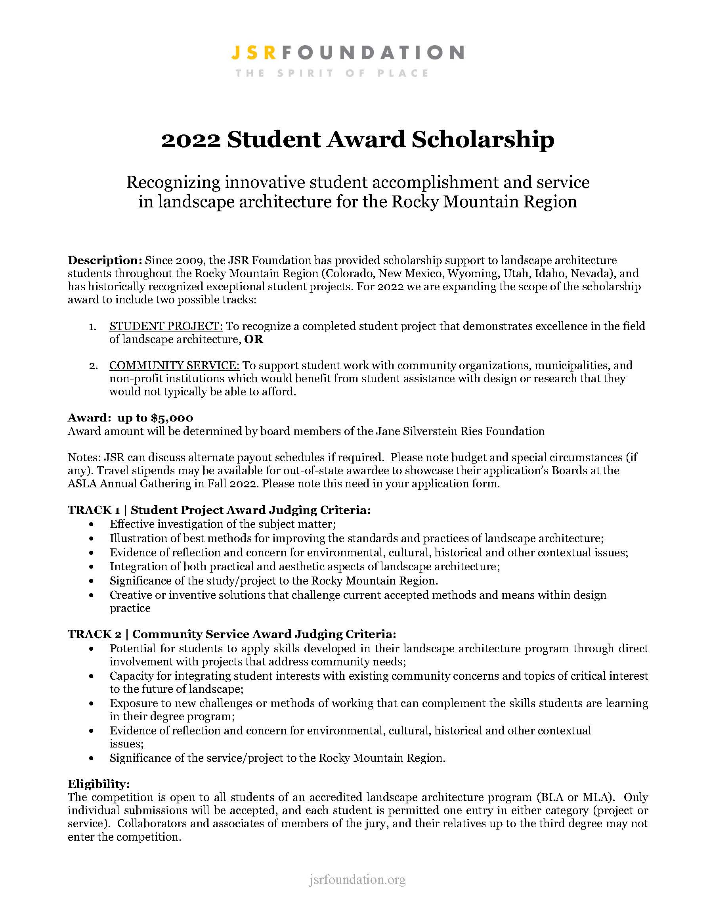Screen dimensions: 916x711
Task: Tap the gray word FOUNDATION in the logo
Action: [x=373, y=53]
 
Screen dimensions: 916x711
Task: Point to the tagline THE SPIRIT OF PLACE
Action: [x=332, y=73]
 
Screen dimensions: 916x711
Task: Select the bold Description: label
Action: [x=105, y=260]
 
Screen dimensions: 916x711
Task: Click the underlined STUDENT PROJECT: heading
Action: [x=166, y=326]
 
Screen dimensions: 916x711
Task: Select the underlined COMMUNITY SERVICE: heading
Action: [x=174, y=365]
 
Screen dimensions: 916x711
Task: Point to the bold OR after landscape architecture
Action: [x=254, y=339]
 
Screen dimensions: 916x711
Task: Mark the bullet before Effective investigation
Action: [x=92, y=524]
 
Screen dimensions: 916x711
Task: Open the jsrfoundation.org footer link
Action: [x=357, y=880]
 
